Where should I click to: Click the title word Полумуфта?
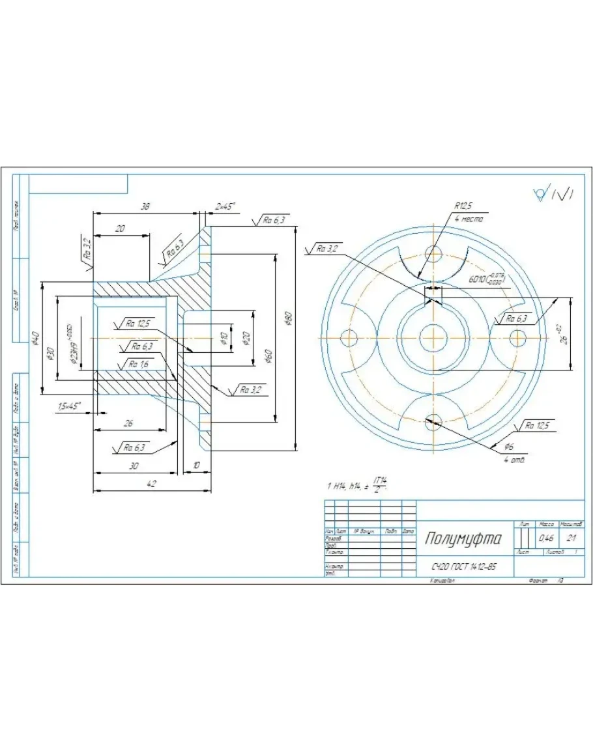pos(463,538)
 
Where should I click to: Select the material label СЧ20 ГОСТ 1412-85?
pos(463,566)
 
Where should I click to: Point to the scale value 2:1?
pos(571,538)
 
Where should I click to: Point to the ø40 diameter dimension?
pos(36,338)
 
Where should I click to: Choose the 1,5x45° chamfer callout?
pos(69,406)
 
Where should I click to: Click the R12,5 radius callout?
pos(463,206)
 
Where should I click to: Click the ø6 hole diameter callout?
pos(509,447)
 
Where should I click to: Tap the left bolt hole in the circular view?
pos(349,338)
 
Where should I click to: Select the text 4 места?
pos(469,219)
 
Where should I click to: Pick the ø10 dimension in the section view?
pos(223,337)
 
